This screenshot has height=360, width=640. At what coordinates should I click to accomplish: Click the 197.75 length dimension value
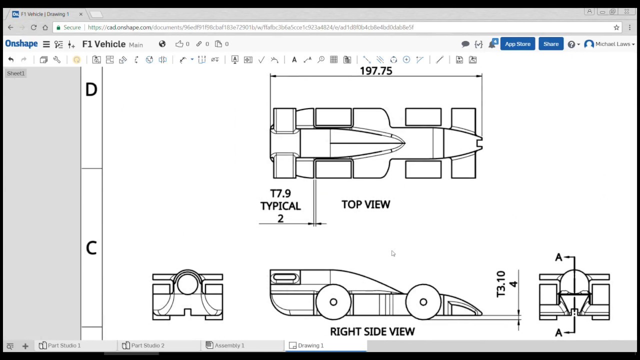click(376, 71)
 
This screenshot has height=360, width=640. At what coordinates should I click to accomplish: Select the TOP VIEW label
click(365, 204)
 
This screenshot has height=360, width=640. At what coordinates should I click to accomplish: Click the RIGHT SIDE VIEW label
click(372, 331)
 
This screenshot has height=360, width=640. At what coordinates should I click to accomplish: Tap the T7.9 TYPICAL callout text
click(280, 200)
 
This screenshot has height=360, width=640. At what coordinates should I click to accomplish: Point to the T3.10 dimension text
click(501, 284)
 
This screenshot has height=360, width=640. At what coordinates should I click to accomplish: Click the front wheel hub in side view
click(423, 302)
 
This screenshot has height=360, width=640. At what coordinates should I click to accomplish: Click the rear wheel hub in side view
click(333, 302)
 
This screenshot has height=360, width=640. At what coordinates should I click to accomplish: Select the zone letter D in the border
click(91, 90)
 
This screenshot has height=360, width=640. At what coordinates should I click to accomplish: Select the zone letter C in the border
click(91, 248)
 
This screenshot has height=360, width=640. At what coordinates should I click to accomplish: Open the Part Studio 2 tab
click(147, 345)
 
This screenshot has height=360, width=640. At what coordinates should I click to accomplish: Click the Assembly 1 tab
click(229, 345)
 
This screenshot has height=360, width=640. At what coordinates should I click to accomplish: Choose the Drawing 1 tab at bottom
click(310, 345)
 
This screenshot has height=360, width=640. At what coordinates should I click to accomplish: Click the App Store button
click(517, 44)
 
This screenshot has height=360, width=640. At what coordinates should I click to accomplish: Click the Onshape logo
click(21, 44)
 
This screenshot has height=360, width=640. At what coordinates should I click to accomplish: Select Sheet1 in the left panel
click(15, 73)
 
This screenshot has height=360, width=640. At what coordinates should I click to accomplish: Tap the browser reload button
click(33, 27)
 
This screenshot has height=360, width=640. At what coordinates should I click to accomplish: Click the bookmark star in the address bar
click(616, 27)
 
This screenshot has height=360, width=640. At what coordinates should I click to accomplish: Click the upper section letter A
click(558, 257)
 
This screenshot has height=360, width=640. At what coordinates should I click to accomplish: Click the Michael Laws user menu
click(610, 44)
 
